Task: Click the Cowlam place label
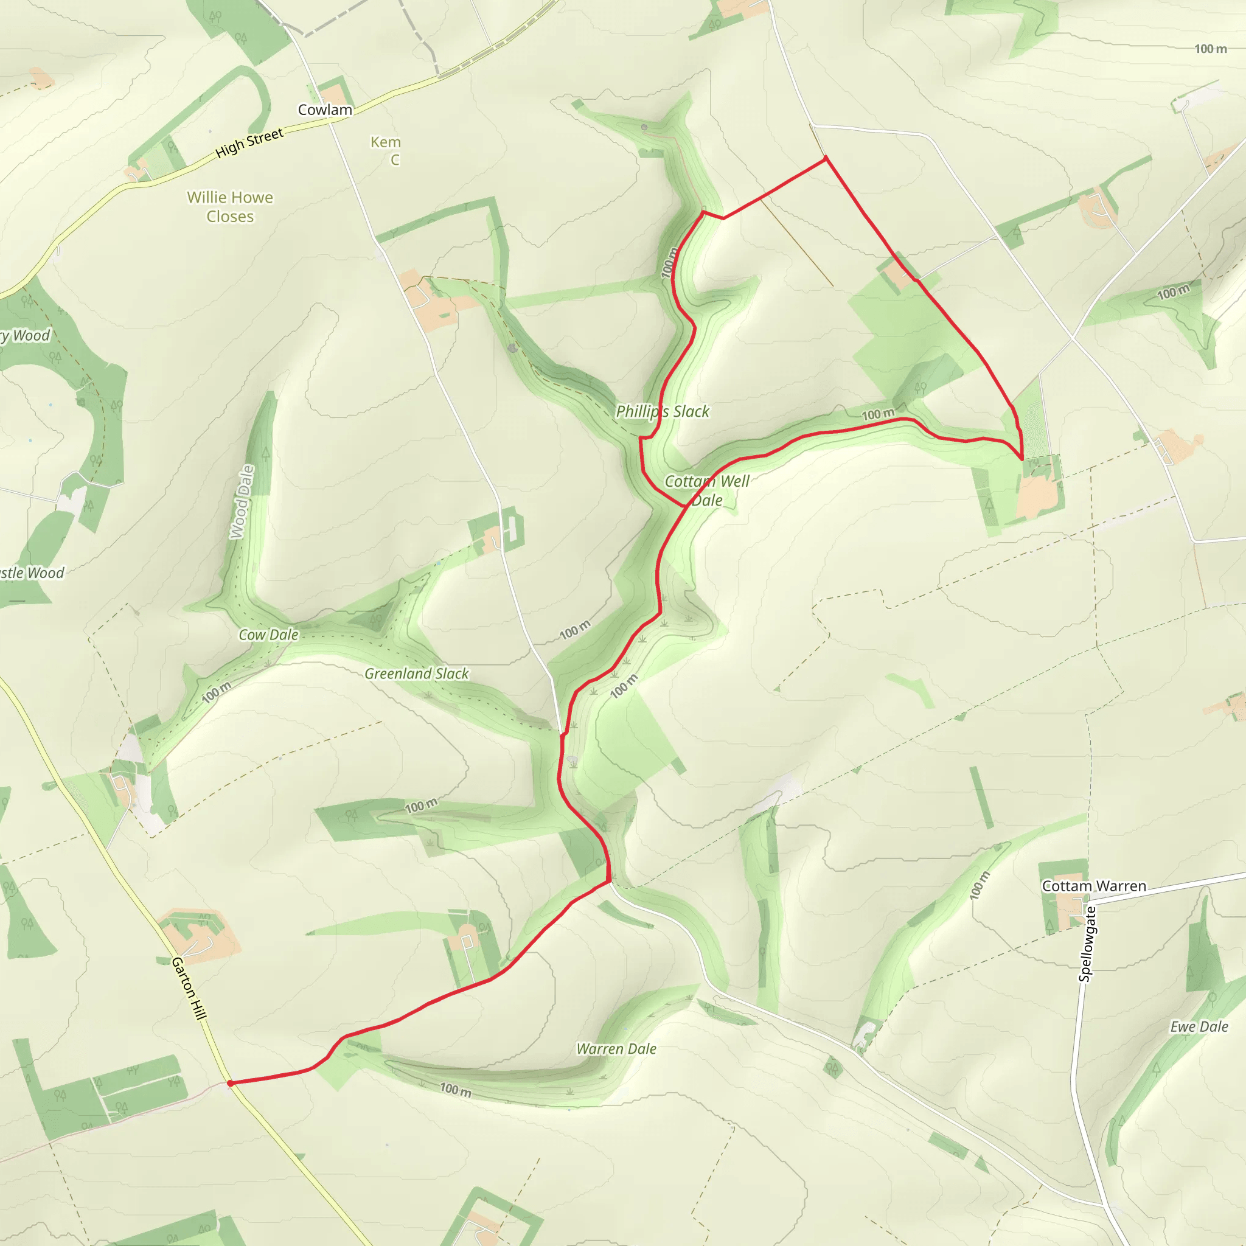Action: pos(324,110)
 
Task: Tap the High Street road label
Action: pos(249,142)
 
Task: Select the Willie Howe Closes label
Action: pos(230,206)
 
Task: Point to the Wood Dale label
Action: pos(242,502)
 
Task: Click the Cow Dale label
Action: pos(268,635)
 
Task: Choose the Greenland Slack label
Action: pos(417,673)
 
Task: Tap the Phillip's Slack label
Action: pos(663,411)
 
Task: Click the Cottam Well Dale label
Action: pos(707,490)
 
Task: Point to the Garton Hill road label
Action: pos(189,988)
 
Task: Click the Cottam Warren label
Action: pos(1094,886)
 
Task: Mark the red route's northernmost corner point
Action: pos(826,158)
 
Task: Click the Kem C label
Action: pos(386,150)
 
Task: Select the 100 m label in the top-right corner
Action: pos(1210,49)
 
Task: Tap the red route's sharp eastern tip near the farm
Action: pos(1022,459)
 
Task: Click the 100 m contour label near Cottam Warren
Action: pos(979,885)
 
